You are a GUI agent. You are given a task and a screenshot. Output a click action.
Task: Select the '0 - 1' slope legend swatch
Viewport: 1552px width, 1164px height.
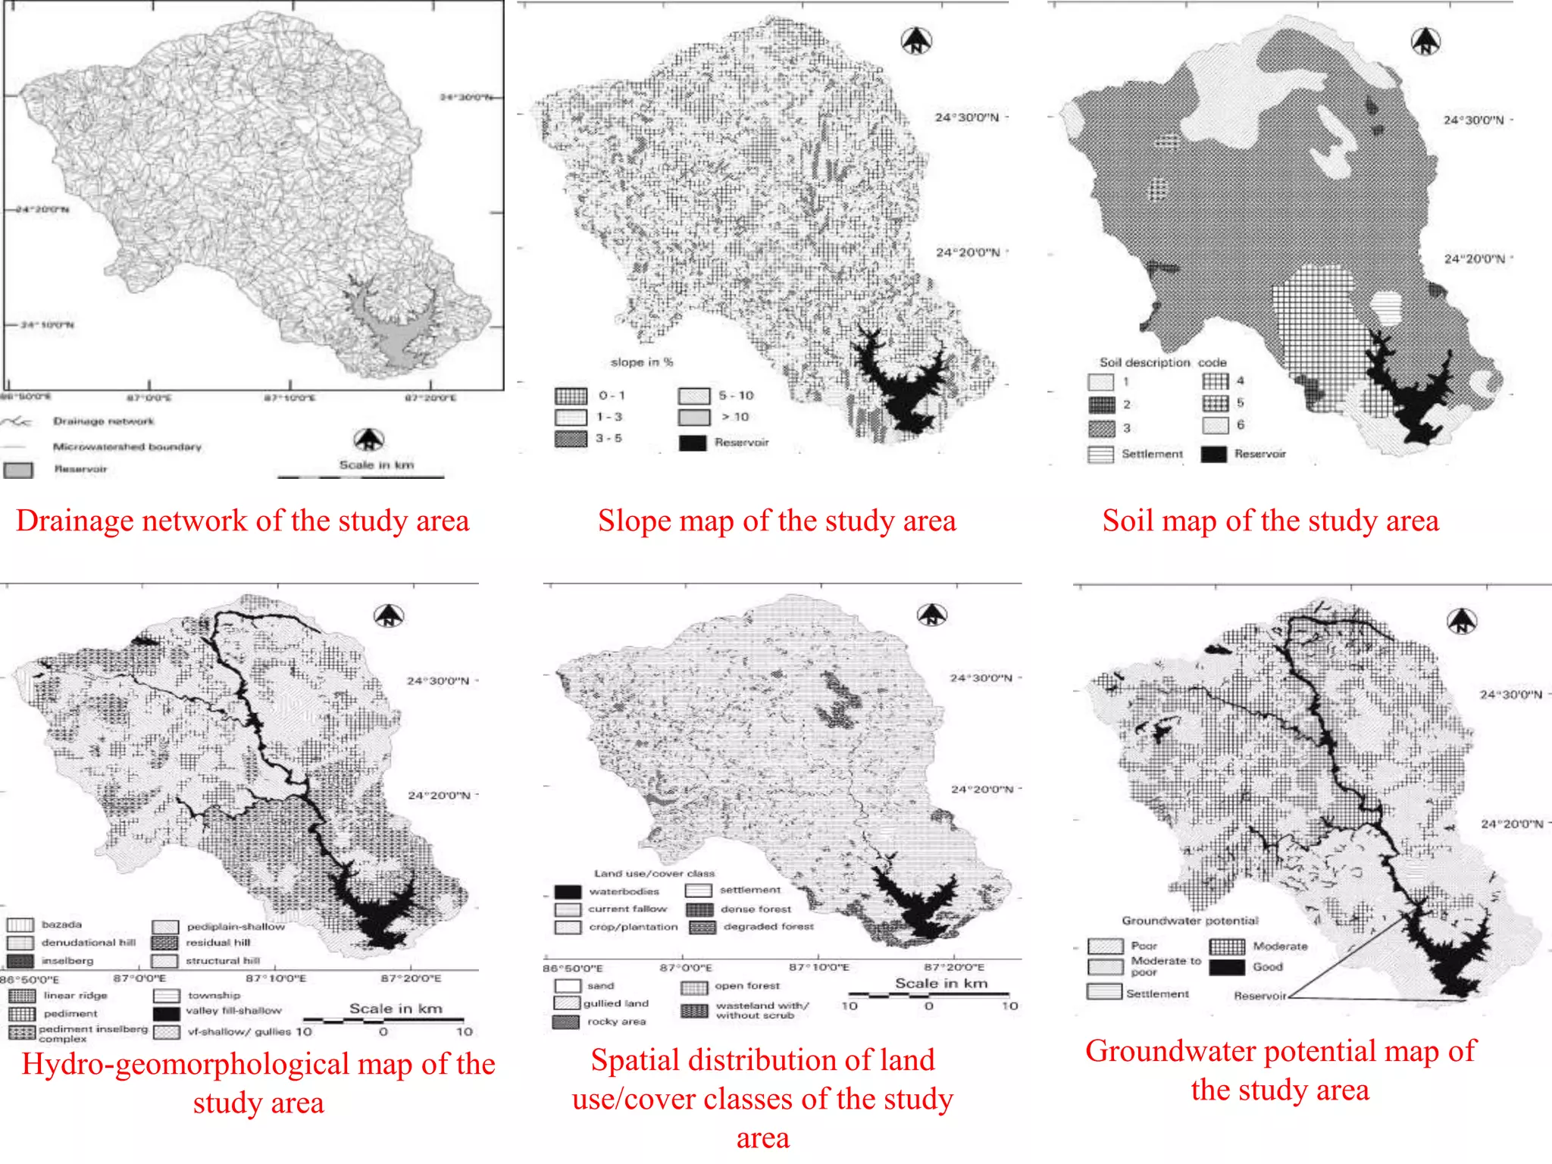(x=571, y=396)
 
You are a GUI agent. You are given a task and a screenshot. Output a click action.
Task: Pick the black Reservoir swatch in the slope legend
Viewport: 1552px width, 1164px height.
(x=693, y=443)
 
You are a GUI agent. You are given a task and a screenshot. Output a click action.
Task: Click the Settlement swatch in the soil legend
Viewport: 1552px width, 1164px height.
(x=1100, y=454)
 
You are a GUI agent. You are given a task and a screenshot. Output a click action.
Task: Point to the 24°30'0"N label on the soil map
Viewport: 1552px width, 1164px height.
(x=1472, y=120)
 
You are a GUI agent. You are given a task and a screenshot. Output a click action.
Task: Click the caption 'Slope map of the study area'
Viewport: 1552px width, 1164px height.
(x=777, y=521)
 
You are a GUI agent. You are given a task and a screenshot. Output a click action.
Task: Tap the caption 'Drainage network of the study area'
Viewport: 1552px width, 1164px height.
(x=242, y=521)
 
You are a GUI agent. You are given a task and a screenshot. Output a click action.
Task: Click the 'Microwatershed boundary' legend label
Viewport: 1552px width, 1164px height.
(x=127, y=446)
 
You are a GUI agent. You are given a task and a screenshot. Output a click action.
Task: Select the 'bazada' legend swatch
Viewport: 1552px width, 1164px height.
(x=20, y=925)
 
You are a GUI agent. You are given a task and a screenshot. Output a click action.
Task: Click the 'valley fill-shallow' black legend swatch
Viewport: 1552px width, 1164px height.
(x=166, y=1013)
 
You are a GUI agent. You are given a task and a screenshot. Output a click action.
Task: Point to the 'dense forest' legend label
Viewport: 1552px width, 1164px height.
(x=756, y=909)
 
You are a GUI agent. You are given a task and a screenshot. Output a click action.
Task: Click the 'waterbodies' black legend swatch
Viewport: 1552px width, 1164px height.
(x=568, y=891)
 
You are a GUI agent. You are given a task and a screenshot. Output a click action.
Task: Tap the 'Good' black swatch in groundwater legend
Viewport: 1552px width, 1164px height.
(x=1226, y=967)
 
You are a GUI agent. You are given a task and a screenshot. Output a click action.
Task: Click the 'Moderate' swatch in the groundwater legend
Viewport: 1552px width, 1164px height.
(x=1226, y=947)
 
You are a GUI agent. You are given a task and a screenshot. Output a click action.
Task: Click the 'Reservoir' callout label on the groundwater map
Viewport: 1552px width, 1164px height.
(x=1259, y=996)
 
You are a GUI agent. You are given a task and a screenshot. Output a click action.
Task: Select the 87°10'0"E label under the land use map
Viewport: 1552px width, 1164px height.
(x=818, y=968)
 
